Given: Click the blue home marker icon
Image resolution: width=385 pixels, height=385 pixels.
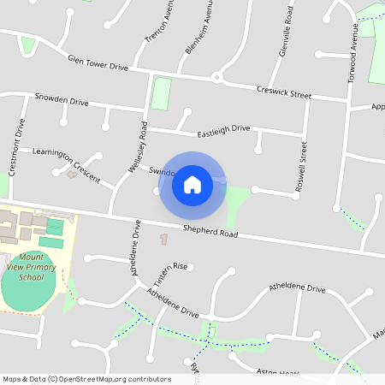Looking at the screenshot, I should [192, 184].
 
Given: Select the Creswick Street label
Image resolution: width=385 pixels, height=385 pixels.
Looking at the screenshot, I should [283, 92].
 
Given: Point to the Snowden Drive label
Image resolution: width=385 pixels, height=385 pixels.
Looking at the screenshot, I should [62, 100].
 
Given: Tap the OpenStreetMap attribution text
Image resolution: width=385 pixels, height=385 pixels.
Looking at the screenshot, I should [86, 379].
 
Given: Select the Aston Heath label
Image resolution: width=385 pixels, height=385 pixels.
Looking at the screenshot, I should [277, 373].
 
